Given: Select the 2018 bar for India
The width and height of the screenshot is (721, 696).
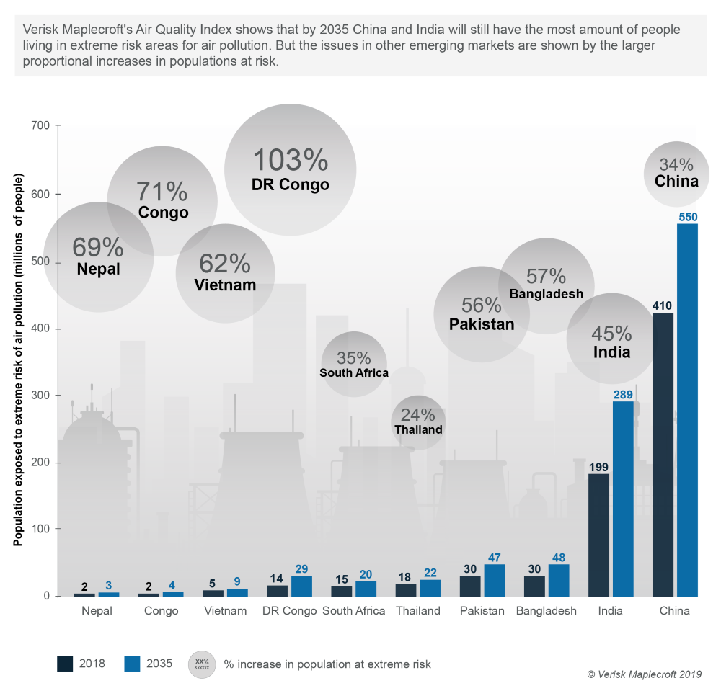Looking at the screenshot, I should pos(598,535).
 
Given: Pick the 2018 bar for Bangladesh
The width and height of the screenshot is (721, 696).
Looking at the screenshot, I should pos(534,586).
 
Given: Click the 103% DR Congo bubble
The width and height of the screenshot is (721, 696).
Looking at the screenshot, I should pos(291,169).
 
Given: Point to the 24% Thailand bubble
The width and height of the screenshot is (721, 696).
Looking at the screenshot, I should pos(418,422).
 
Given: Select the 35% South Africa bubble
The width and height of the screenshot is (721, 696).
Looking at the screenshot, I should pos(354,364).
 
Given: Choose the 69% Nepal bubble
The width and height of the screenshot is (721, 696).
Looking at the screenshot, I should pos(99,257).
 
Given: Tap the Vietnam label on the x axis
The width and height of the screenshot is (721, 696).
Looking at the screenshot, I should pos(224,611).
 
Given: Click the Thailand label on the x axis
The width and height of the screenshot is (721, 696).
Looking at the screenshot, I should pos(418,611).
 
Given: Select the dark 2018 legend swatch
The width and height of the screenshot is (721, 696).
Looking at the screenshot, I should pos(65,664).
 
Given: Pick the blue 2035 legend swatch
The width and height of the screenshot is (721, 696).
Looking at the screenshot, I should pos(133,664).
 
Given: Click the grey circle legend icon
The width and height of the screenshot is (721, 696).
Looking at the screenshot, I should pos(202,664).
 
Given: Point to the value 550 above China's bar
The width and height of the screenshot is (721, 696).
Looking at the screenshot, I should pos(687,216).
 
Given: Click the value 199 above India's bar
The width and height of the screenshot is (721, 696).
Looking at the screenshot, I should pos(598,466).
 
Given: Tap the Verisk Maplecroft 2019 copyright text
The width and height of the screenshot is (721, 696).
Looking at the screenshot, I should pos(643,674).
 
